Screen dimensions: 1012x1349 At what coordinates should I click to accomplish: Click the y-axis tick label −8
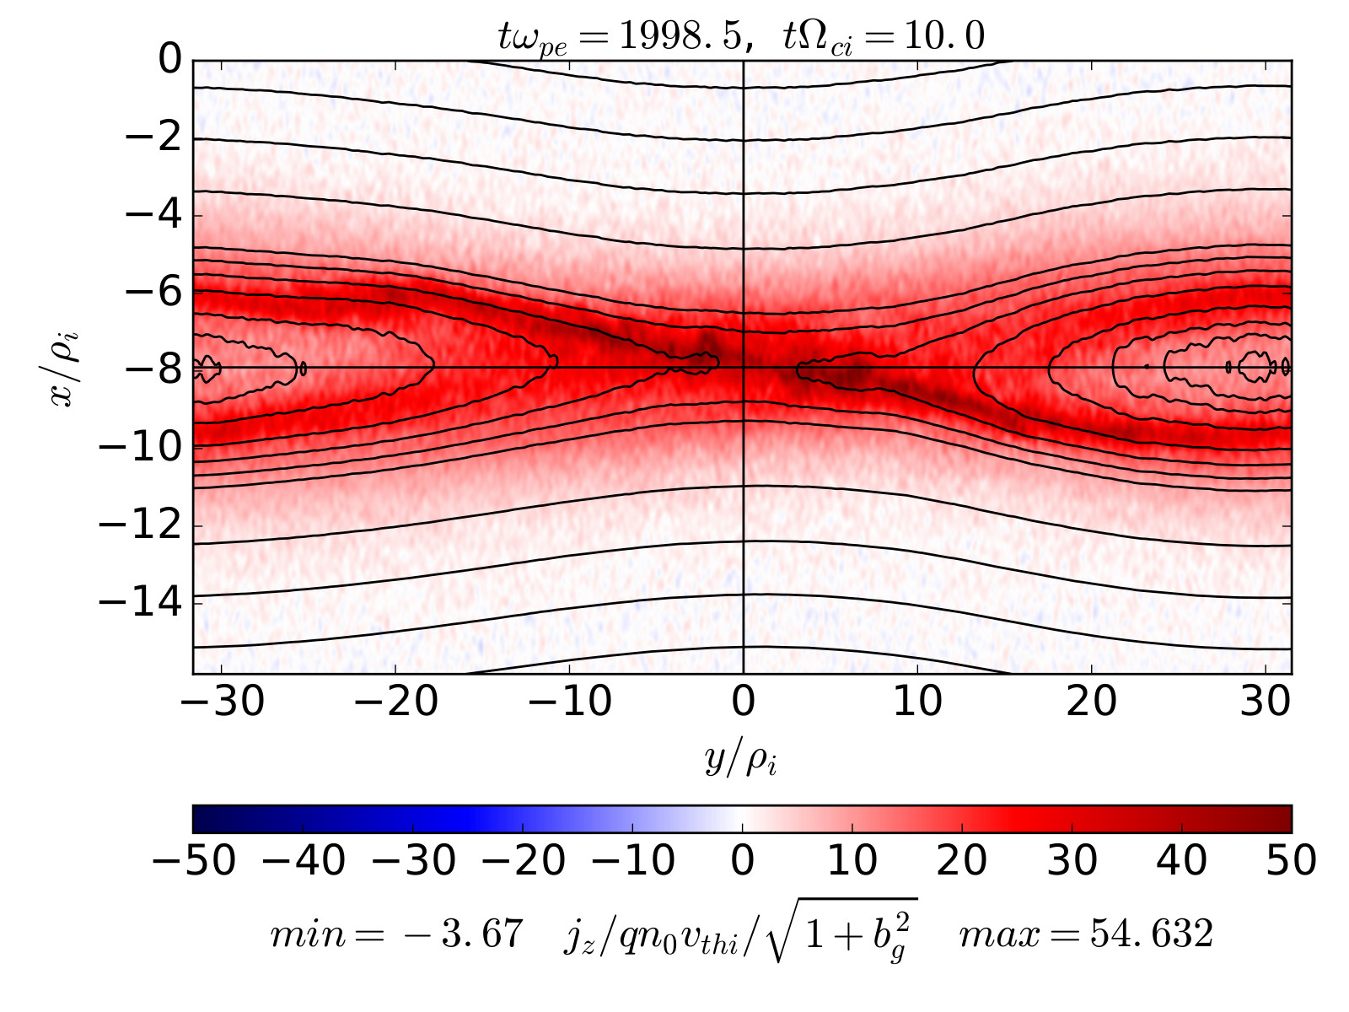coord(141,369)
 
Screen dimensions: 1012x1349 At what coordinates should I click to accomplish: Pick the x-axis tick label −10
coord(569,702)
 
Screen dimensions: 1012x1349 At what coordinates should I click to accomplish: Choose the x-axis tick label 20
coord(1092,702)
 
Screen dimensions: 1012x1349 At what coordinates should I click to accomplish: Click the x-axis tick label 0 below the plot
coord(743,702)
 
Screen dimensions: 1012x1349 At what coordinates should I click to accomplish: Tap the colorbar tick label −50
coord(193,861)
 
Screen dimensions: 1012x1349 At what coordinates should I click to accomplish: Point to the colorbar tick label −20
coord(523,861)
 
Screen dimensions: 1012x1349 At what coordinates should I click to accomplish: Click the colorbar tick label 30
coord(1072,861)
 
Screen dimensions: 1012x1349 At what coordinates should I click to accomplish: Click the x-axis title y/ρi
coord(741,760)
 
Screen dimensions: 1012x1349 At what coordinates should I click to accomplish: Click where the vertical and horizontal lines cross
coord(743,368)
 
